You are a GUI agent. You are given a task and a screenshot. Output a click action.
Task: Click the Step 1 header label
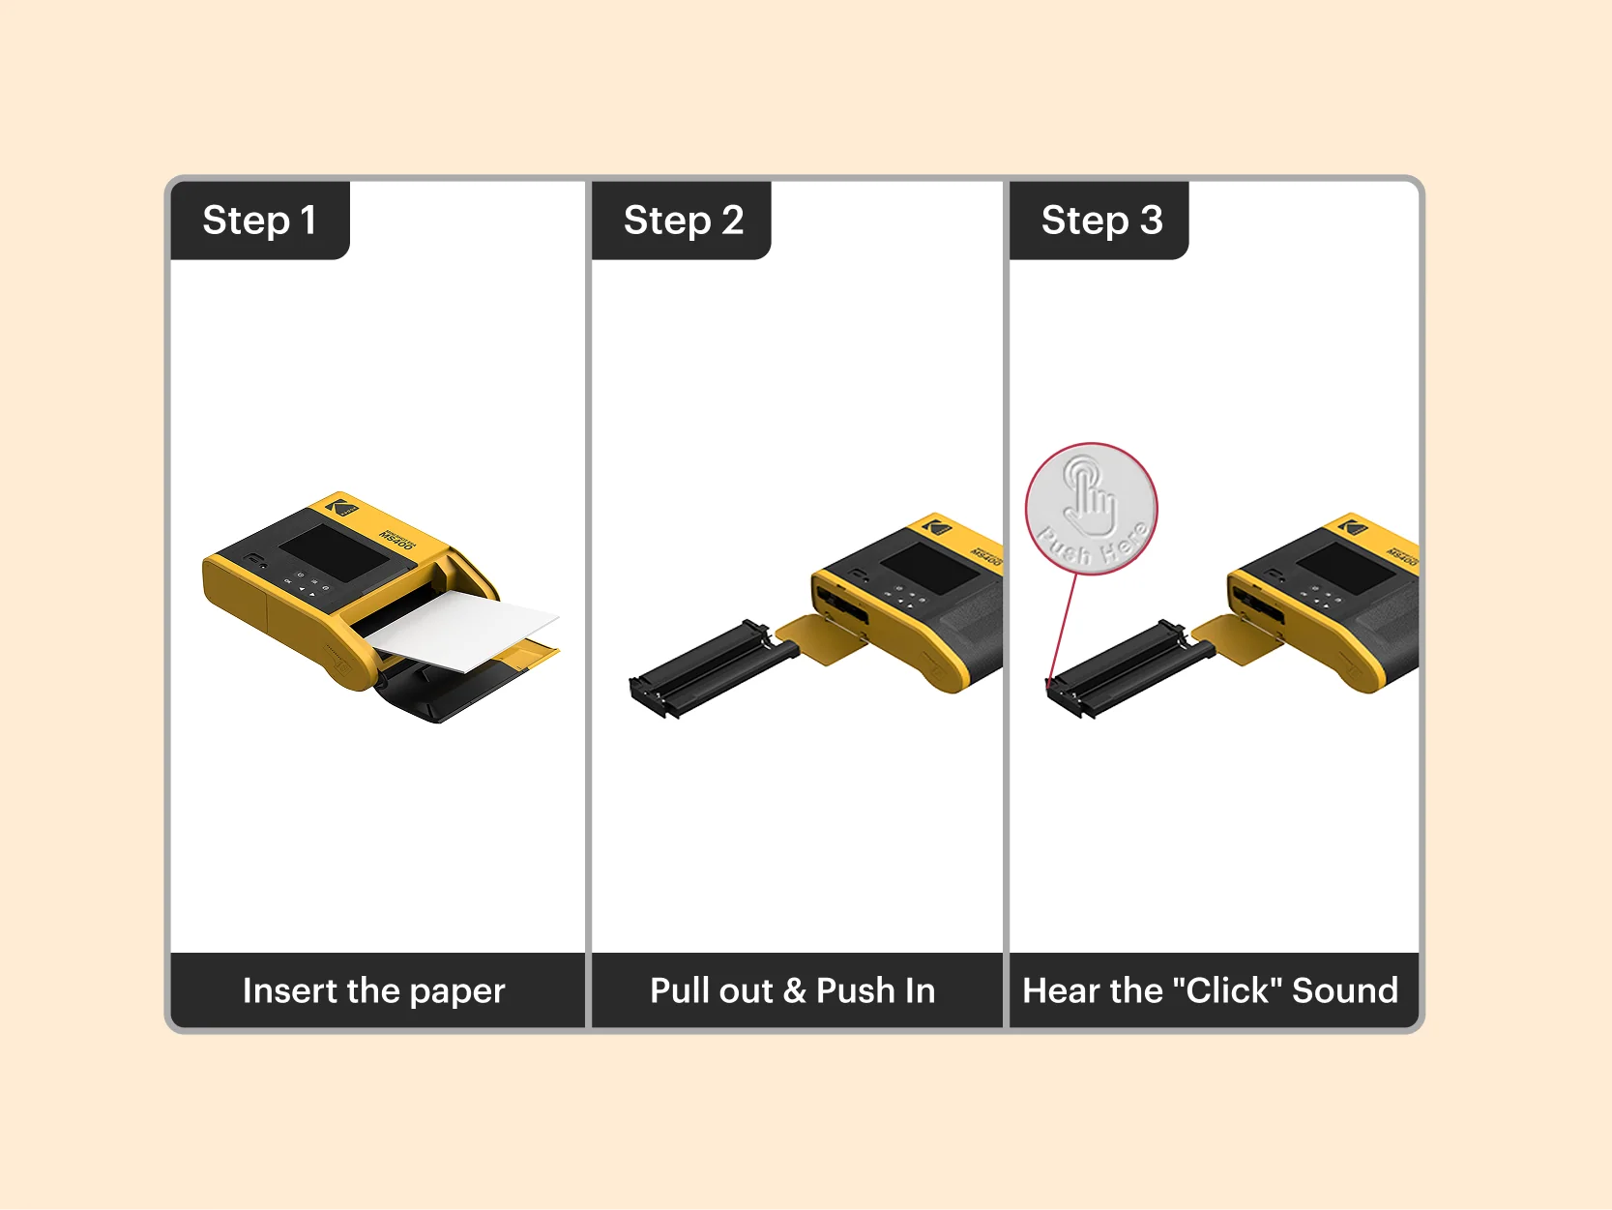tap(259, 221)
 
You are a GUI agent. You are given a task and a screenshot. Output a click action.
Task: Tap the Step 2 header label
tap(683, 221)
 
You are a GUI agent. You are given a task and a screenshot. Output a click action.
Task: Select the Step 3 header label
tap(1101, 221)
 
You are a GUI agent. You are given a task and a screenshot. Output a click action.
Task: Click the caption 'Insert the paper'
tap(373, 990)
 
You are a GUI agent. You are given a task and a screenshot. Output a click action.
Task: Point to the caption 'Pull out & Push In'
tap(792, 990)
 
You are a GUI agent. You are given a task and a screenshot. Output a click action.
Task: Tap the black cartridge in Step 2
tap(704, 667)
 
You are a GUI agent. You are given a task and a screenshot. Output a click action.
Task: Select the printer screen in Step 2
tap(929, 567)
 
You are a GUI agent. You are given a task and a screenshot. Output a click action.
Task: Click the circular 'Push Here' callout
tap(1091, 509)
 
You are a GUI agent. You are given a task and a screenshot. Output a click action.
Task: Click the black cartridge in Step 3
tap(1122, 667)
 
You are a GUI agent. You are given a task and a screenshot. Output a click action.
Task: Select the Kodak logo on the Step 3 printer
tap(1353, 527)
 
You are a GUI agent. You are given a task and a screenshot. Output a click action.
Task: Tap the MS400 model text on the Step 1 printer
tap(397, 540)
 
